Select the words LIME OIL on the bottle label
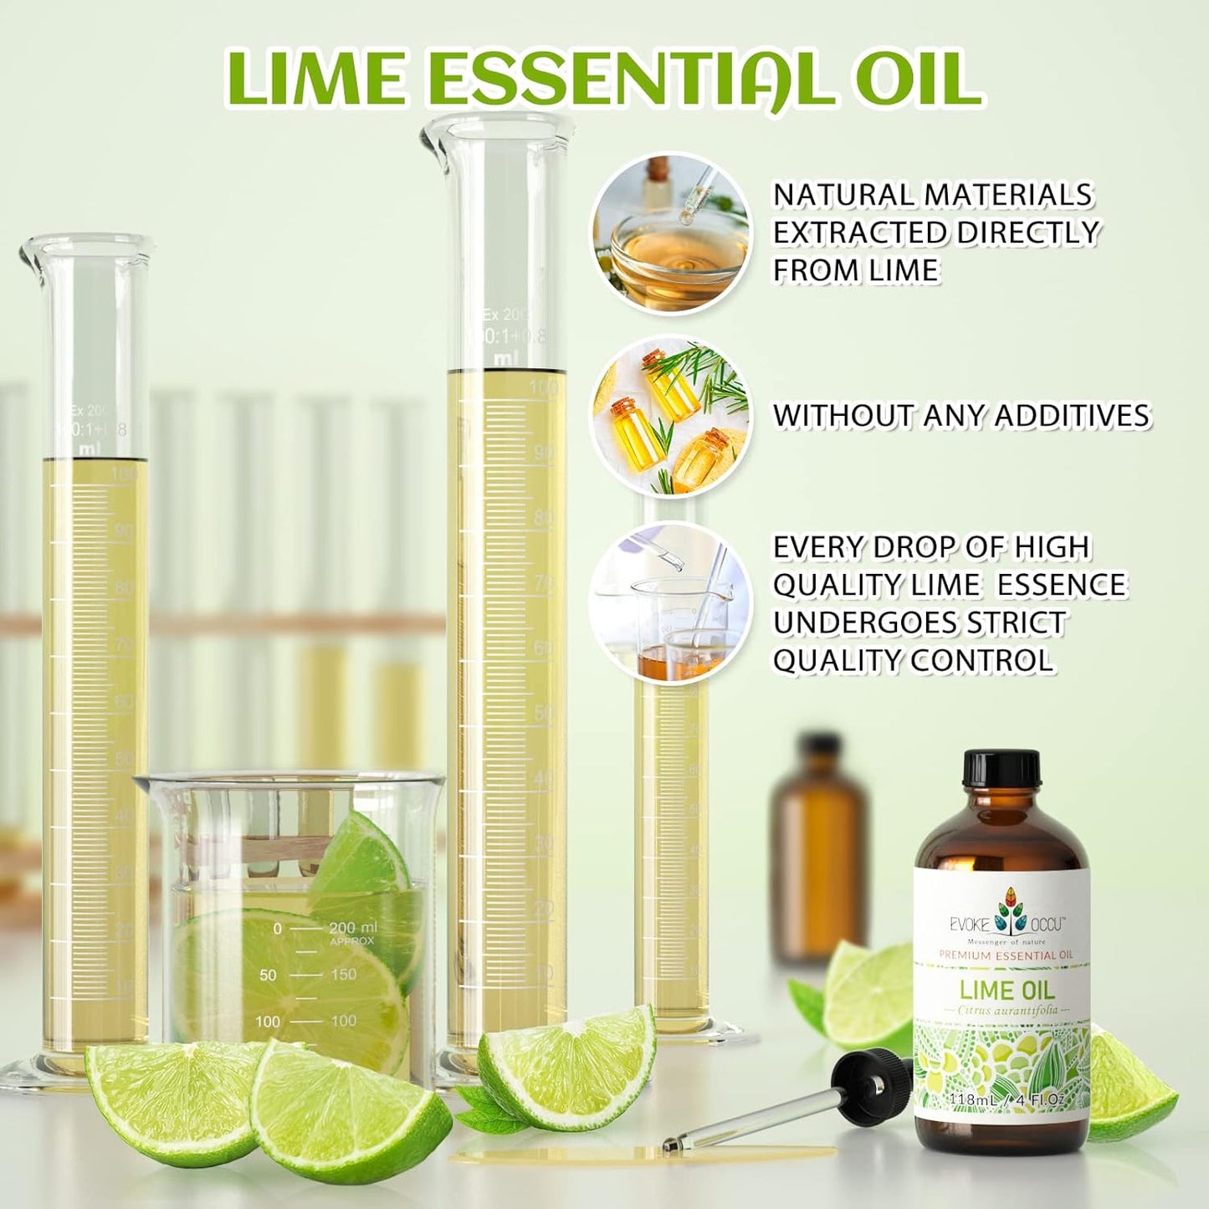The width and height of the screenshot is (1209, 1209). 1007,991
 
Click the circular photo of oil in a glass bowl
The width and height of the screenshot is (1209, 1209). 670,233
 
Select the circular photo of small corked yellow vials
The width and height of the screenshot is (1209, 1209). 670,416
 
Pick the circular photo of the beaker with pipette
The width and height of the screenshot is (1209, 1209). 670,603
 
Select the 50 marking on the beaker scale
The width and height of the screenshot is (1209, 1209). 268,975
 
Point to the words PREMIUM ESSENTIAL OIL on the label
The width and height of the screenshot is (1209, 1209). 1006,955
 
